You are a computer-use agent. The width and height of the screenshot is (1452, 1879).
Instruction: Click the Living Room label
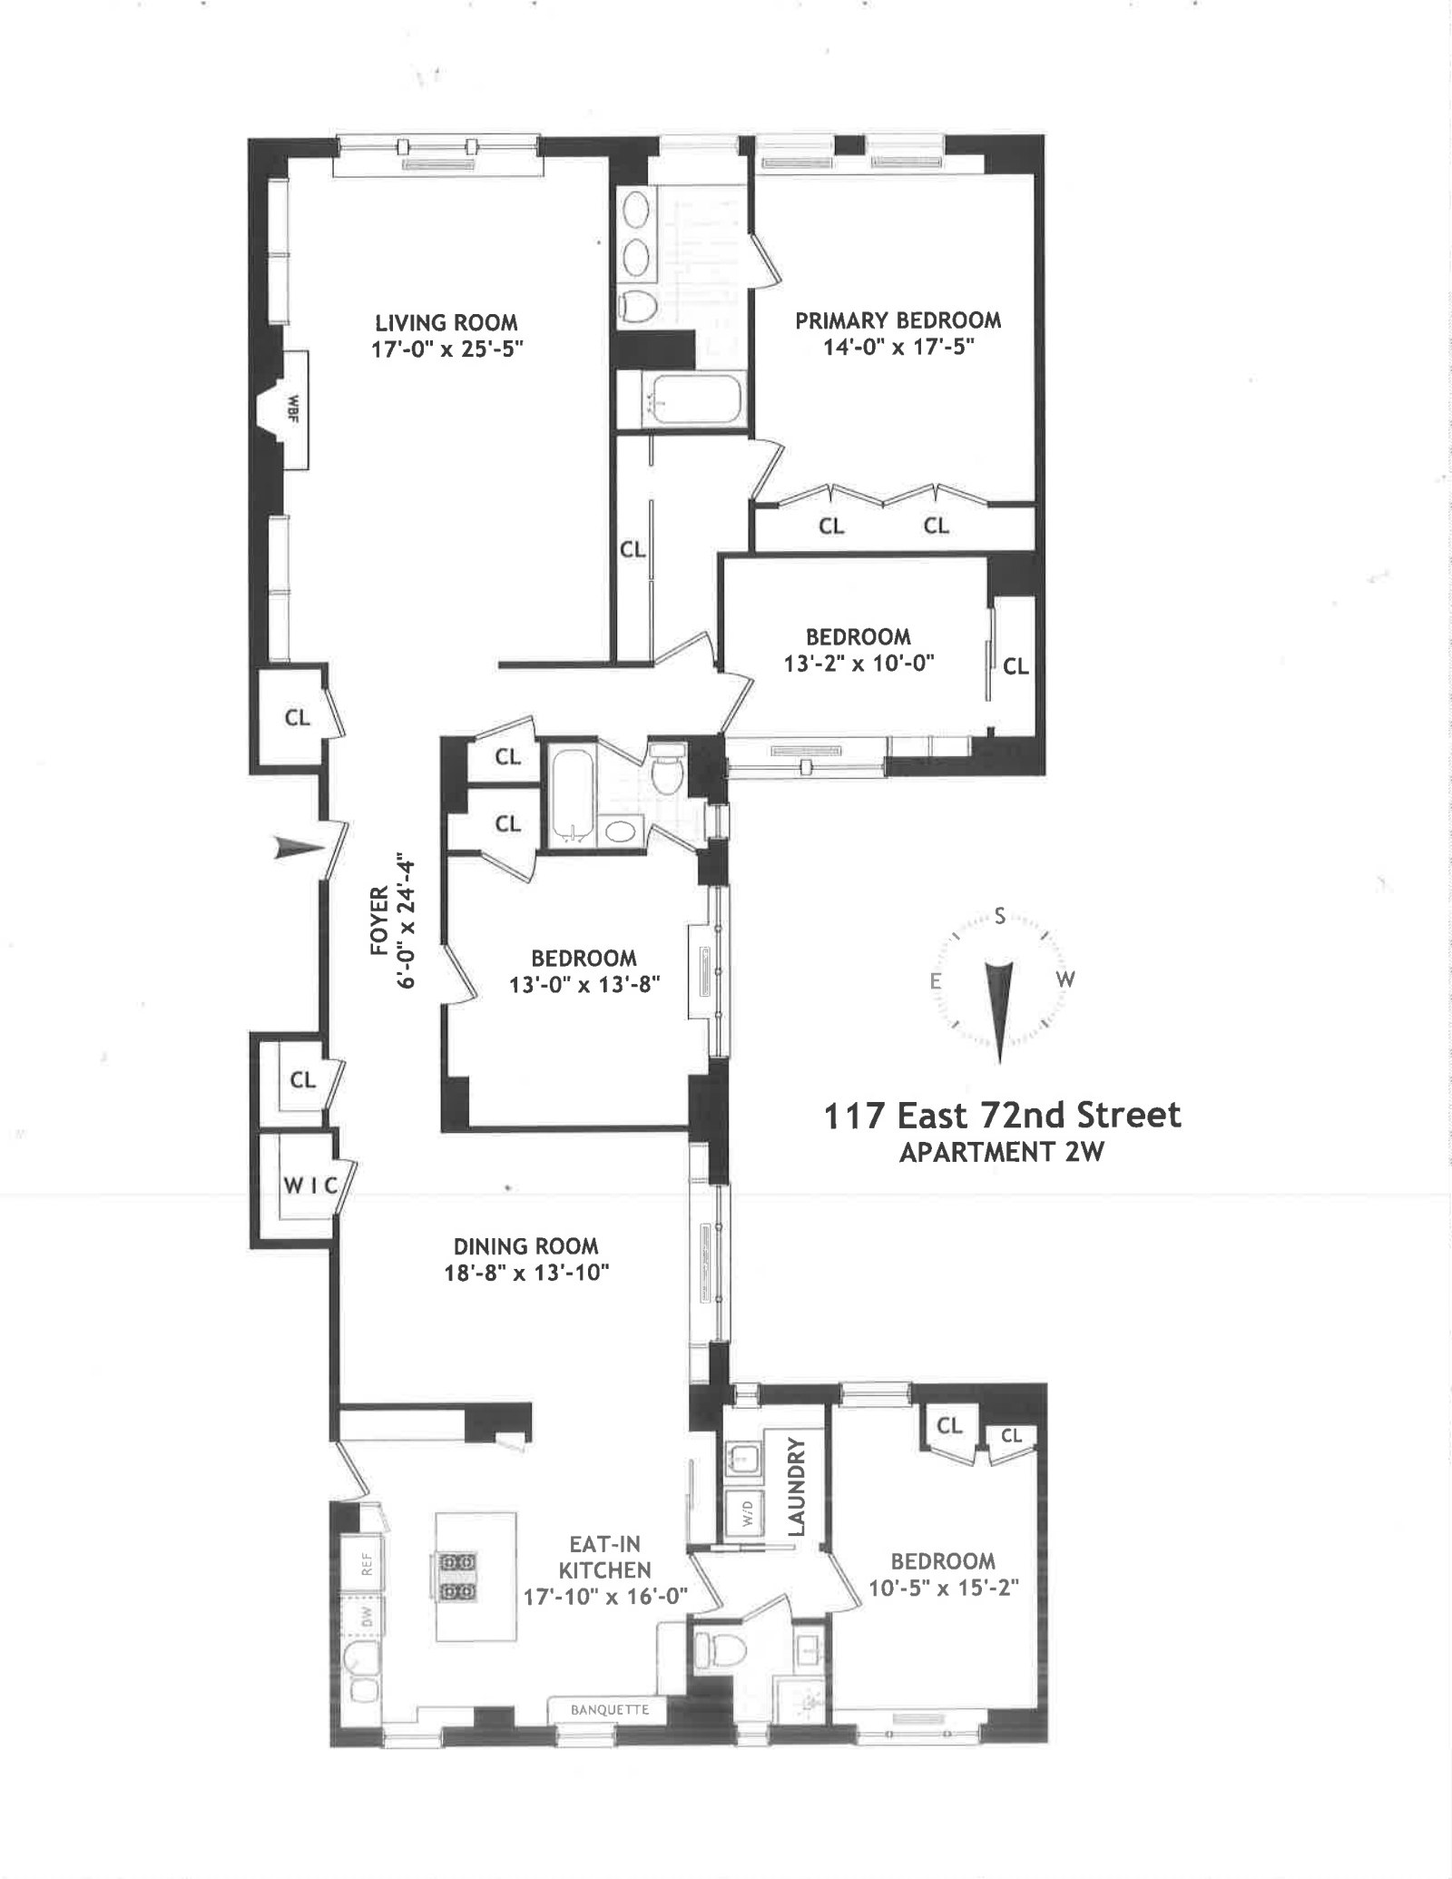[446, 322]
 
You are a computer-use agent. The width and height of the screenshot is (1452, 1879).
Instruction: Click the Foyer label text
[380, 920]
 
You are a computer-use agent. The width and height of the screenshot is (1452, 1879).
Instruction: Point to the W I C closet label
[309, 1185]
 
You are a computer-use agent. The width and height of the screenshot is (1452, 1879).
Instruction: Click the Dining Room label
[525, 1246]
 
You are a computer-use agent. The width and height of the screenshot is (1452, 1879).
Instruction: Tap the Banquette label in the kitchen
[609, 1710]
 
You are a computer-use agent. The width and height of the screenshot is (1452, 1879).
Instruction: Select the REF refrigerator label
[367, 1563]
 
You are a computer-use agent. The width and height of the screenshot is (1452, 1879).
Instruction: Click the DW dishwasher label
[367, 1616]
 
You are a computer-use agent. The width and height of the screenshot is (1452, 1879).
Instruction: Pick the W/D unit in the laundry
[746, 1513]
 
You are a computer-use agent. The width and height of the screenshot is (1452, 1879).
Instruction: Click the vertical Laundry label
[796, 1486]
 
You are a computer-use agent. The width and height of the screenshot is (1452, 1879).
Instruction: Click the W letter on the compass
[1065, 979]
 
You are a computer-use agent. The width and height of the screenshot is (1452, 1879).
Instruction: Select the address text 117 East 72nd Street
[1002, 1115]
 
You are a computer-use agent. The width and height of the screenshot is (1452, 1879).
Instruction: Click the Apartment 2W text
[1001, 1152]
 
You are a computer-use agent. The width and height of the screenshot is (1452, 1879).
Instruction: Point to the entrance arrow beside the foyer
[299, 849]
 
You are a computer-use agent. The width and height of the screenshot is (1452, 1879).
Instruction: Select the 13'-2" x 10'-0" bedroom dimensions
[858, 663]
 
